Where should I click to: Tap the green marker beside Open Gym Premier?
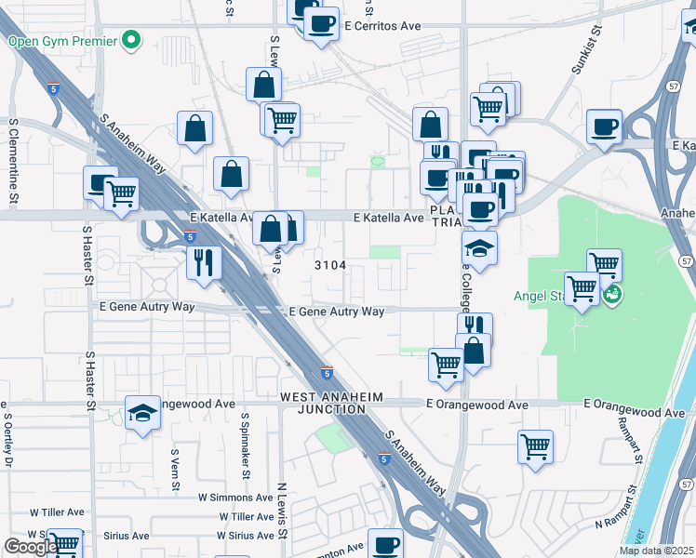click(131, 40)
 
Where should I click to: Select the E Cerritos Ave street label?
click(382, 26)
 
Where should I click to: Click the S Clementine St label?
click(13, 160)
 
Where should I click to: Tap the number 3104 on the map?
click(330, 265)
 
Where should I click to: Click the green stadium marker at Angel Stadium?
click(611, 296)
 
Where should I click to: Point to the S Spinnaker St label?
click(245, 446)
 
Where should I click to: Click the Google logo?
click(30, 547)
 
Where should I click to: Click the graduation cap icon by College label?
click(479, 247)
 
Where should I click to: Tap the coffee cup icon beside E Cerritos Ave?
click(322, 23)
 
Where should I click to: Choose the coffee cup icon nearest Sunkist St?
click(604, 126)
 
